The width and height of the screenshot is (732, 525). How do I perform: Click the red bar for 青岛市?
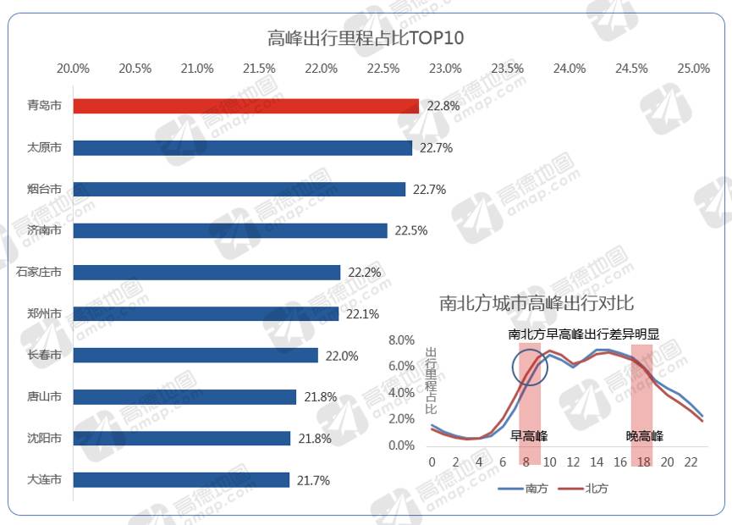(x=245, y=106)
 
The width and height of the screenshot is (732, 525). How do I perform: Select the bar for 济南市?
(x=229, y=230)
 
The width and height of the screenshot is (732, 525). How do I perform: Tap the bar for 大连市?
(x=181, y=480)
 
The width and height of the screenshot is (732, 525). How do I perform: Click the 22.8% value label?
(x=443, y=106)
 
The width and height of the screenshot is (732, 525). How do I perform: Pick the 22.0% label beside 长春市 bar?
(x=343, y=356)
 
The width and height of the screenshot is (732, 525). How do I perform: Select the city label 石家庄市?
(x=39, y=273)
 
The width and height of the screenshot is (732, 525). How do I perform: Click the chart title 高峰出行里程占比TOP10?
(x=366, y=39)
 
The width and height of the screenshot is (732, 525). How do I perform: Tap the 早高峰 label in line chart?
(x=529, y=436)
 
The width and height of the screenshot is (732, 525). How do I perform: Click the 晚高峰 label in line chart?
(x=644, y=436)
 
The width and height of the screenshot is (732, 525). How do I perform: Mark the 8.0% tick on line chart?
(x=401, y=340)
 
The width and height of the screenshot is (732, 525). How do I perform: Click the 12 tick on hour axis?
(x=573, y=462)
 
